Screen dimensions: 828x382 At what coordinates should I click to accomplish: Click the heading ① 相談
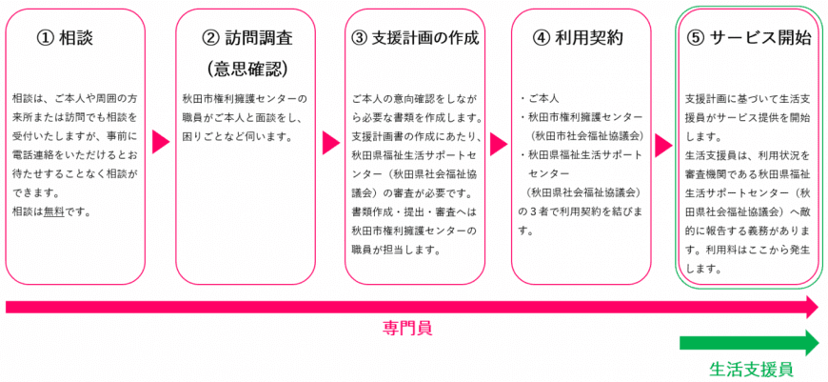pos(65,38)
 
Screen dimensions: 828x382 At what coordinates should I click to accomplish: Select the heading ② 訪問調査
pos(246,38)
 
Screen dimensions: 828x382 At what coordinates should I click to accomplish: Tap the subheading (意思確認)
pos(246,68)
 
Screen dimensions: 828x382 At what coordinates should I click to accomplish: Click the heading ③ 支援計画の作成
pos(415,38)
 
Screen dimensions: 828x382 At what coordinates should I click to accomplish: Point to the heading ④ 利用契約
pos(579,38)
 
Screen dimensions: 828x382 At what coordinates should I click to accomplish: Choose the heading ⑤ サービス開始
pos(749,38)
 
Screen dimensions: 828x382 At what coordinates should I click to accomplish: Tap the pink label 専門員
pos(407,329)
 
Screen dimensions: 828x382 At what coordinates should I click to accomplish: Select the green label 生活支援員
pos(752,369)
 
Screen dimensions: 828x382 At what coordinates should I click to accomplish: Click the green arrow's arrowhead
pos(811,343)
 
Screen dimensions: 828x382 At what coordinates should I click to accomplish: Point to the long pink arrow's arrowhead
pos(811,307)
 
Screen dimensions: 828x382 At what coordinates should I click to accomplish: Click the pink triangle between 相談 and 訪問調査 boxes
pos(161,142)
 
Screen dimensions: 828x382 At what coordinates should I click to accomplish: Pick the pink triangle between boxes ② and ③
pos(330,142)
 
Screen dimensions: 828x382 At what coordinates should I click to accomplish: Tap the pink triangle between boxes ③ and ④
pos(498,144)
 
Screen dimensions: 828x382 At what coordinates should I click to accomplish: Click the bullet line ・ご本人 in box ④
pos(539,99)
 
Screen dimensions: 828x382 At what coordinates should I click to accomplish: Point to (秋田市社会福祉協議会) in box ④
pos(587,136)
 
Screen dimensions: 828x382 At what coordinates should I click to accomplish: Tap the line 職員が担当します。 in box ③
pos(396,250)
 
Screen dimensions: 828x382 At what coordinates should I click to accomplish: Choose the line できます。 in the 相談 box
pos(35,193)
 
